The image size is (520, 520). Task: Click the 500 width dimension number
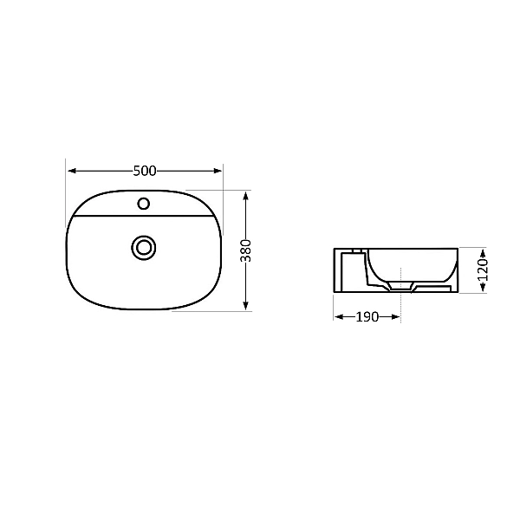145,171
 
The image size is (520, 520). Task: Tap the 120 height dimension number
483,270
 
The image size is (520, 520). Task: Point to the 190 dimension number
367,317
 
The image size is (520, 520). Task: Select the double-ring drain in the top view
144,247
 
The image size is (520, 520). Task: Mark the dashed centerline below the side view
400,309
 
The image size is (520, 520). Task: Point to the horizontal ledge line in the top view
144,216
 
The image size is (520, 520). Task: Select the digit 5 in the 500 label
137,171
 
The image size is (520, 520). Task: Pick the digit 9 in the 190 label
367,317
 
